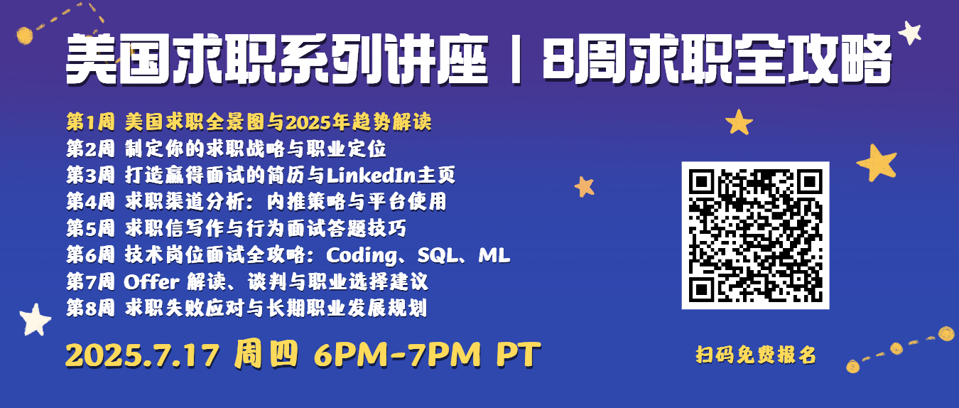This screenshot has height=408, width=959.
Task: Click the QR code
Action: tap(755, 235)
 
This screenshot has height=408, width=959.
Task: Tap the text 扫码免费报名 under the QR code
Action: tap(756, 355)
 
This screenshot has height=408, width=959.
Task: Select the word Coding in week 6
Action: tap(362, 256)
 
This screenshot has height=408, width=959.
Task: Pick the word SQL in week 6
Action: tap(437, 255)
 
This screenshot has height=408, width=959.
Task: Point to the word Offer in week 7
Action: tap(151, 281)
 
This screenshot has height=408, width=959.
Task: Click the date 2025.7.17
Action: tap(143, 355)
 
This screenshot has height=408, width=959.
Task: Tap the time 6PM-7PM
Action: tap(397, 355)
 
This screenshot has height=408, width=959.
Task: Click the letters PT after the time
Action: tap(519, 355)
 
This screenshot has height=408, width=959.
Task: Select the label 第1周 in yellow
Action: tap(90, 122)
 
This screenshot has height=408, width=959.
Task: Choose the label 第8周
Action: tap(90, 308)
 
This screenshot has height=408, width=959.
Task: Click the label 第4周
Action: tap(90, 201)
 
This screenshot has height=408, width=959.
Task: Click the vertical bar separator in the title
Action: tap(516, 60)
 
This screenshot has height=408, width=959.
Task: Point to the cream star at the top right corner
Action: tap(910, 32)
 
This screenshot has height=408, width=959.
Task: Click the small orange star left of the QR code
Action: tap(585, 187)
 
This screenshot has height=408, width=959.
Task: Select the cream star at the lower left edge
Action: tap(35, 320)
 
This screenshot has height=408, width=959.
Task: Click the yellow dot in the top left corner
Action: tap(25, 36)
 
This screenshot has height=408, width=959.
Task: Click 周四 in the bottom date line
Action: tap(266, 355)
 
